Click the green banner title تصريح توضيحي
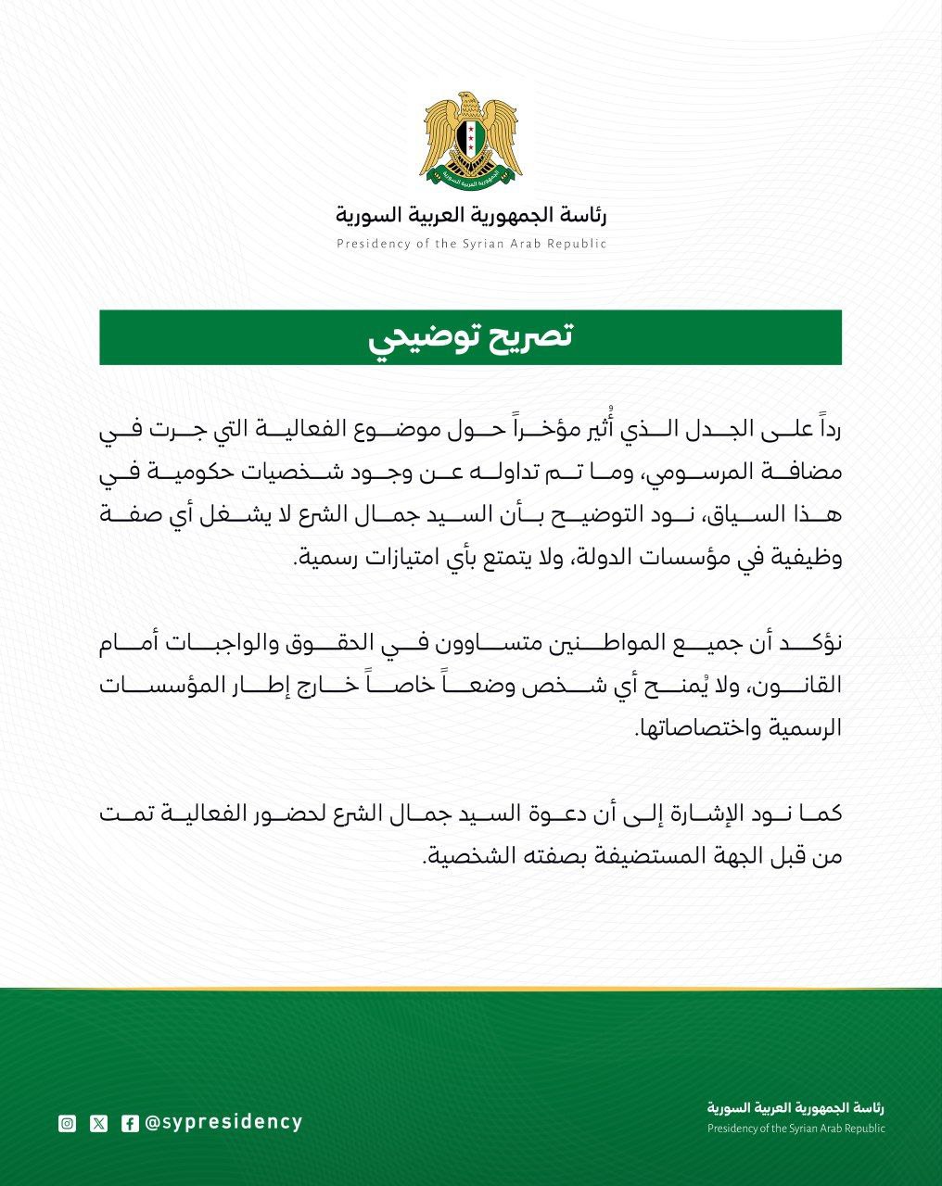[x=470, y=338]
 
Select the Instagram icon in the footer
[x=67, y=1124]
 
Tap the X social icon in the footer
[x=99, y=1124]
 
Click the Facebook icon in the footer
[x=130, y=1124]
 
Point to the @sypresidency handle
[x=223, y=1122]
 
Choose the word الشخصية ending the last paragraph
[x=461, y=857]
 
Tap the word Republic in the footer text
[x=861, y=1129]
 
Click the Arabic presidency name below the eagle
[x=470, y=217]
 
